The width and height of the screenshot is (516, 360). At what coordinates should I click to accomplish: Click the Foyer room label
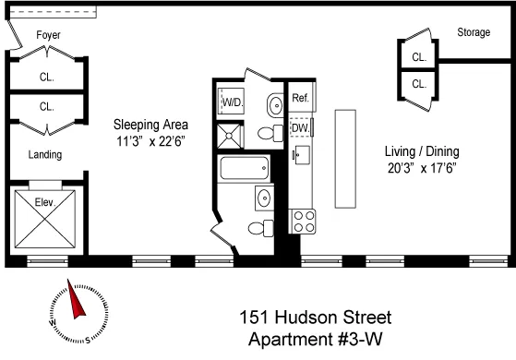click(x=48, y=35)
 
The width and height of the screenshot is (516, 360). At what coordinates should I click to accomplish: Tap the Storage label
click(x=474, y=33)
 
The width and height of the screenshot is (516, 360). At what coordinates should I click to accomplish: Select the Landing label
click(x=45, y=154)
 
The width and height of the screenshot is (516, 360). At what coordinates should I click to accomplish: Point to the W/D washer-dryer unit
click(x=232, y=103)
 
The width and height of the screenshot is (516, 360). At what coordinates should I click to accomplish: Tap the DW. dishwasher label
click(x=301, y=128)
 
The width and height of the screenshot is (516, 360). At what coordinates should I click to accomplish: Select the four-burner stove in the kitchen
click(x=304, y=220)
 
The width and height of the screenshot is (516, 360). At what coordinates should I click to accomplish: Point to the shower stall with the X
click(x=230, y=137)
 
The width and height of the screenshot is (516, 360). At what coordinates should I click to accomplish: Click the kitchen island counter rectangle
click(x=346, y=158)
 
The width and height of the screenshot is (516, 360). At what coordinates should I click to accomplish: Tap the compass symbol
click(x=73, y=310)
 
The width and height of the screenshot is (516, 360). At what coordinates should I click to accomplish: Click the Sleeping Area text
click(x=151, y=125)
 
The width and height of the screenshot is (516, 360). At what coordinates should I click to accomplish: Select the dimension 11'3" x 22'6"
click(x=150, y=141)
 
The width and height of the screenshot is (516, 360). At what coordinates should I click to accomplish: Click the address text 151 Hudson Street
click(x=316, y=318)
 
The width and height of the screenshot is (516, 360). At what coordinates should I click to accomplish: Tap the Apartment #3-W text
click(x=316, y=340)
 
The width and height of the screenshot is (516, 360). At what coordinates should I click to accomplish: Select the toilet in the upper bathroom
click(x=268, y=134)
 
